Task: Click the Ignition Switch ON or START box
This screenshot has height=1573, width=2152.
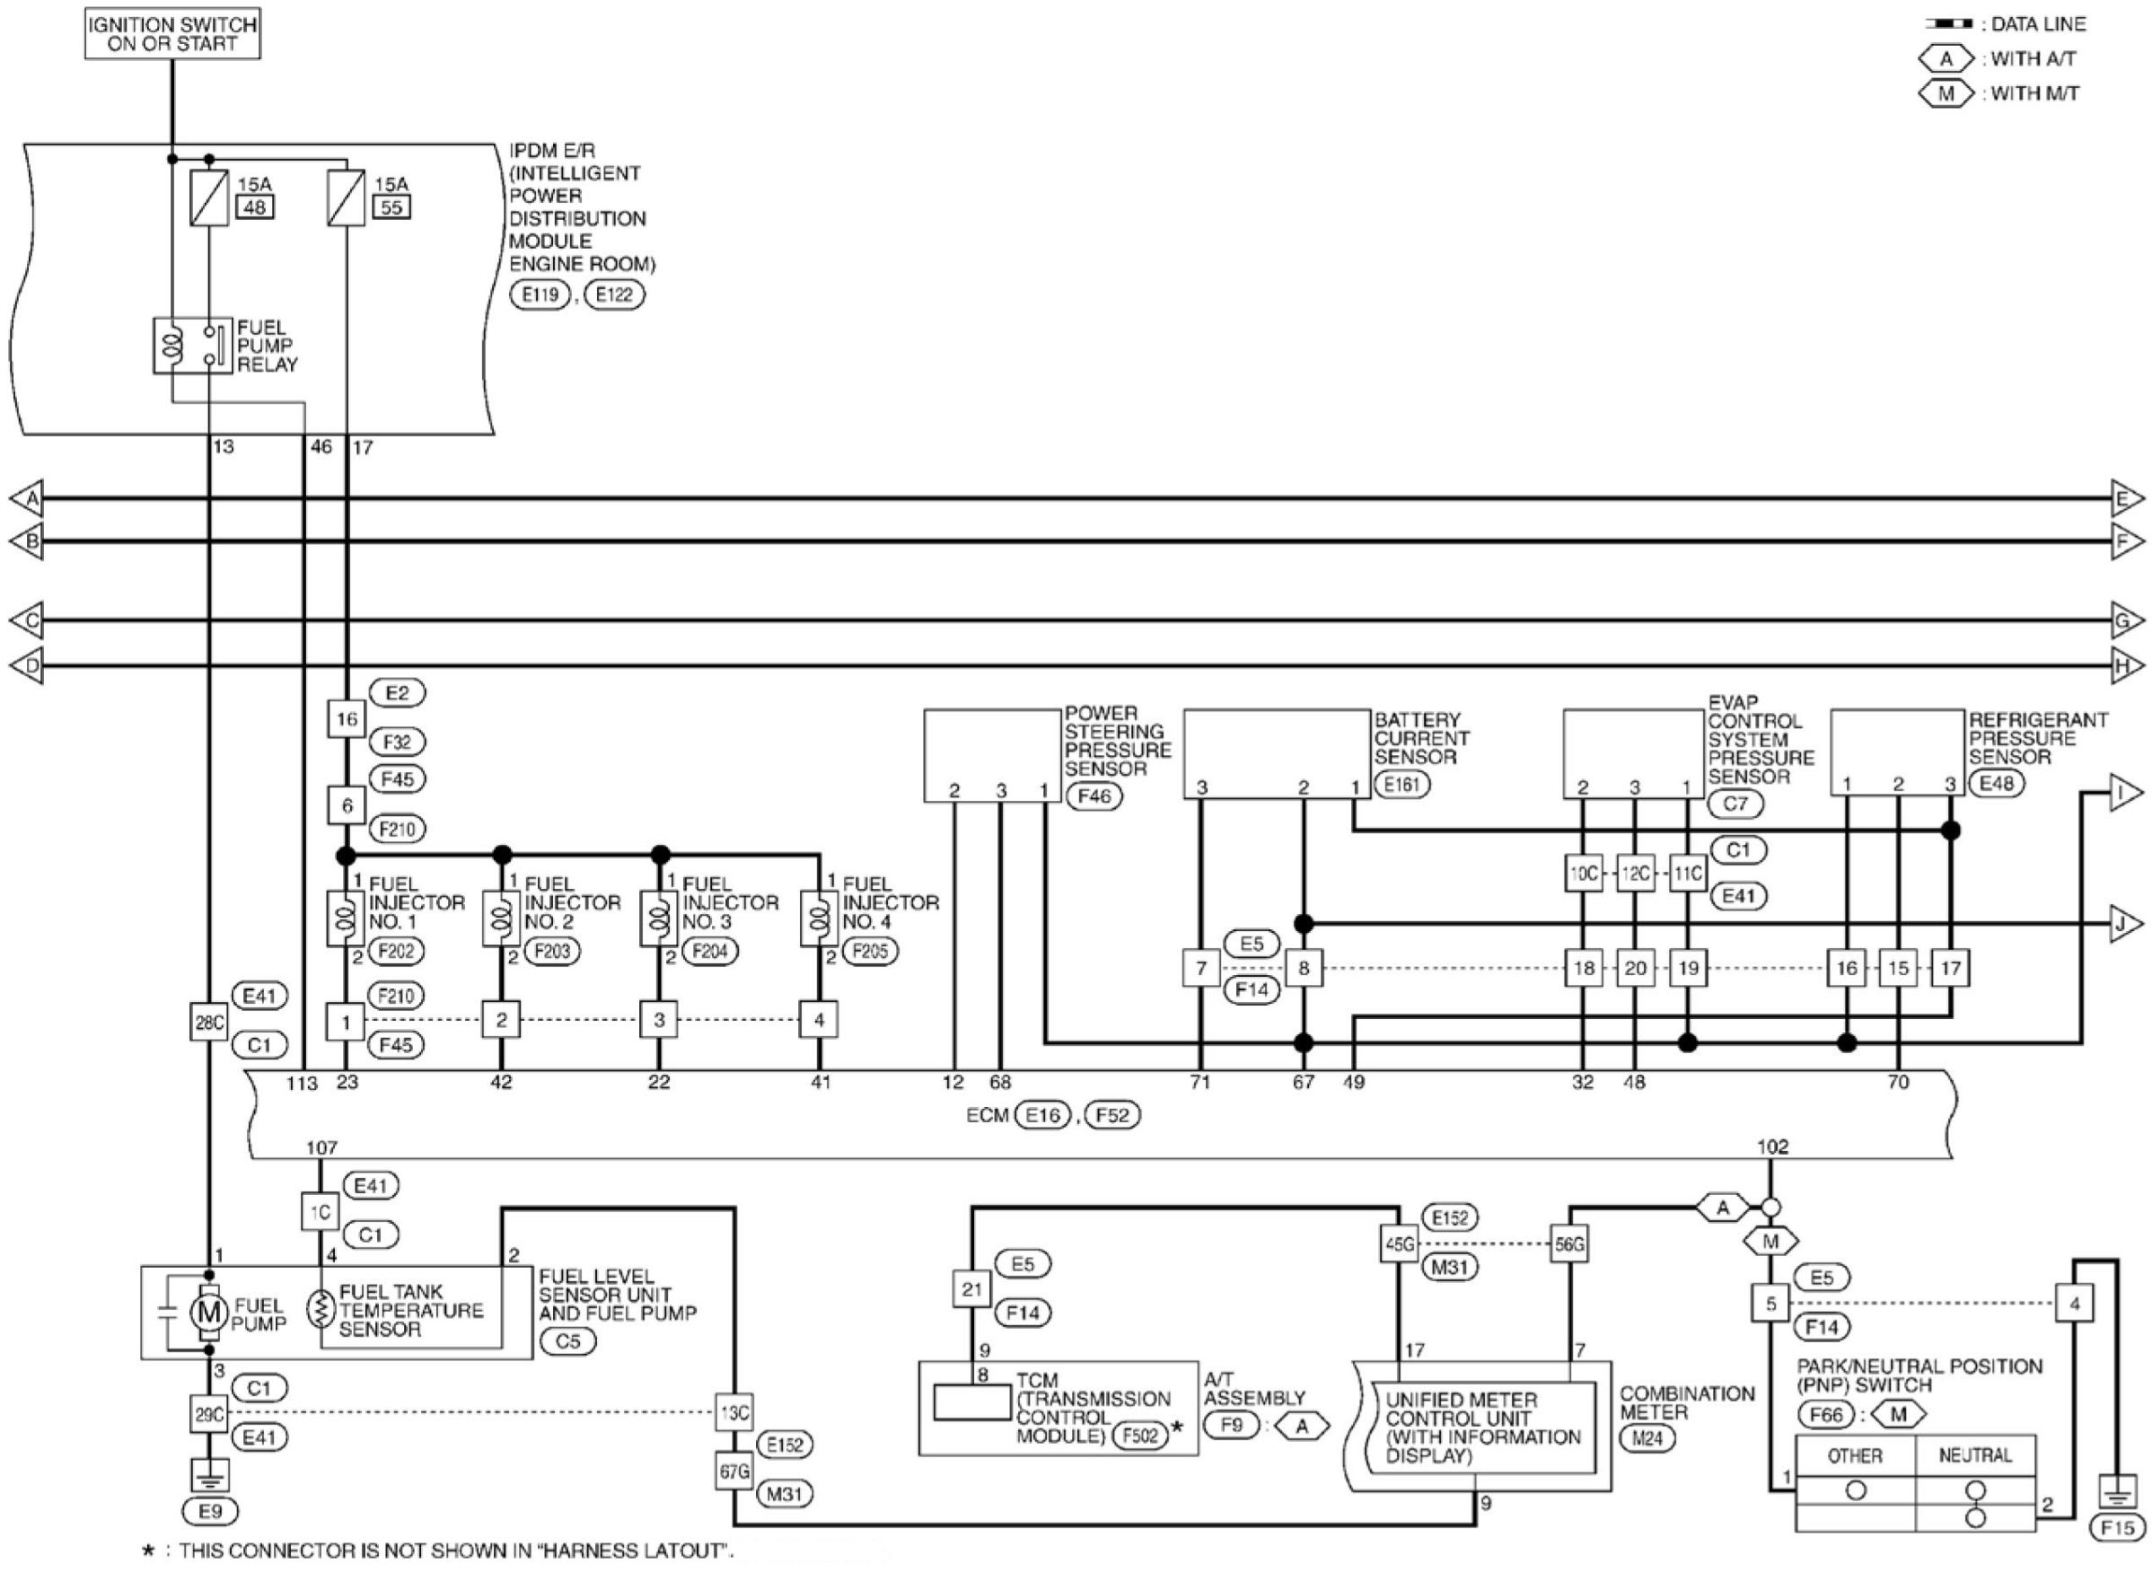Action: click(x=172, y=34)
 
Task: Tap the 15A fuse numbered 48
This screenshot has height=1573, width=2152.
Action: click(x=209, y=198)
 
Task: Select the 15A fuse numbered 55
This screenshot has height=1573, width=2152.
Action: click(x=346, y=198)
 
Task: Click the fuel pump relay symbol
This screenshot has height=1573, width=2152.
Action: click(x=192, y=346)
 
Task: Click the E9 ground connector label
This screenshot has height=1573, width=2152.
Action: click(x=210, y=1511)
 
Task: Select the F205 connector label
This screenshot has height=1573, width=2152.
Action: click(x=870, y=951)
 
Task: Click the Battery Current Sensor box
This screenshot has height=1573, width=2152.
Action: click(x=1276, y=753)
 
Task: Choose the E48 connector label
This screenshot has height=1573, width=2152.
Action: click(x=1996, y=784)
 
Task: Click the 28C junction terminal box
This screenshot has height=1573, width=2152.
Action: click(x=208, y=1023)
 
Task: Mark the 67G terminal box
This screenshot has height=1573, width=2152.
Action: click(x=734, y=1472)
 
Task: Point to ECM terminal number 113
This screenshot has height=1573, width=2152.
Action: click(x=302, y=1083)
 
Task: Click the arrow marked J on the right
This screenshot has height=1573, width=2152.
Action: click(x=2126, y=925)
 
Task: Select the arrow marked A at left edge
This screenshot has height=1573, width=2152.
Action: click(x=27, y=498)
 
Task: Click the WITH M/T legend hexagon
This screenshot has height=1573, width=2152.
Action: click(x=1946, y=93)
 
